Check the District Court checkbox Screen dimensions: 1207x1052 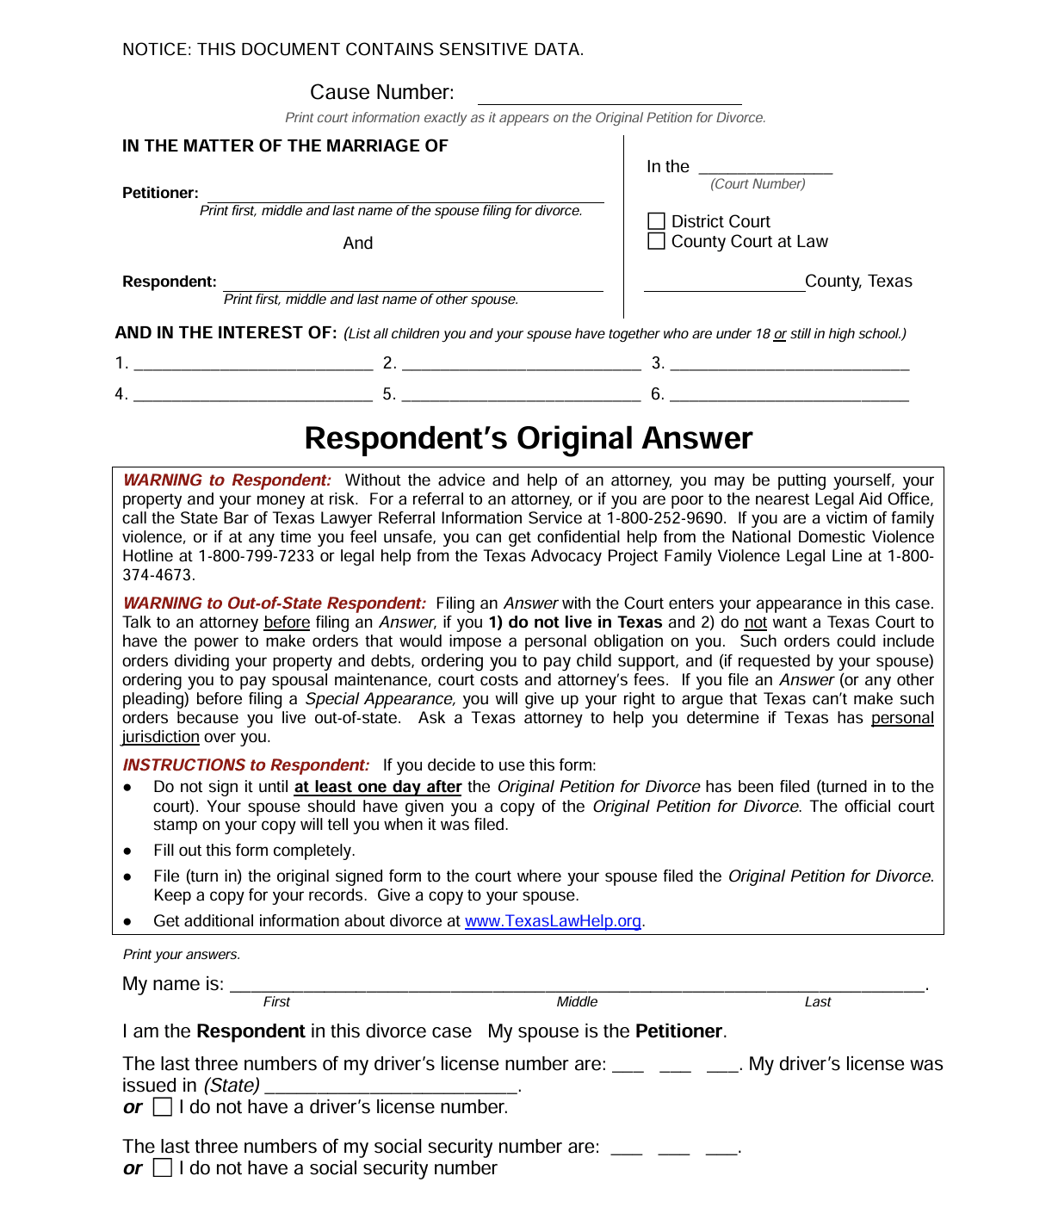[656, 222]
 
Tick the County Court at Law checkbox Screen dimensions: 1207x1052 [656, 242]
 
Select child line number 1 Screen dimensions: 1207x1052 [253, 364]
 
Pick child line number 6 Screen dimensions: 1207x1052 [789, 395]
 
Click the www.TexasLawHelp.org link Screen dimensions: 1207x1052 [553, 921]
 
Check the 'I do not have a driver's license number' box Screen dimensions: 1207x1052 [163, 1107]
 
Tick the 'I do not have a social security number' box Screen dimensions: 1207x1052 [163, 1168]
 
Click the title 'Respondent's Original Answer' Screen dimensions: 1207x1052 [528, 438]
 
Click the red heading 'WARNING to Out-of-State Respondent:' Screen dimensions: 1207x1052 [274, 603]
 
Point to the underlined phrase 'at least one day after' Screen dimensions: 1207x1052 [377, 787]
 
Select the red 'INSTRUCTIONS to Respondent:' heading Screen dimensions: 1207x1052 [245, 765]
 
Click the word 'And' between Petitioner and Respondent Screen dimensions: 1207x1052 [358, 244]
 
